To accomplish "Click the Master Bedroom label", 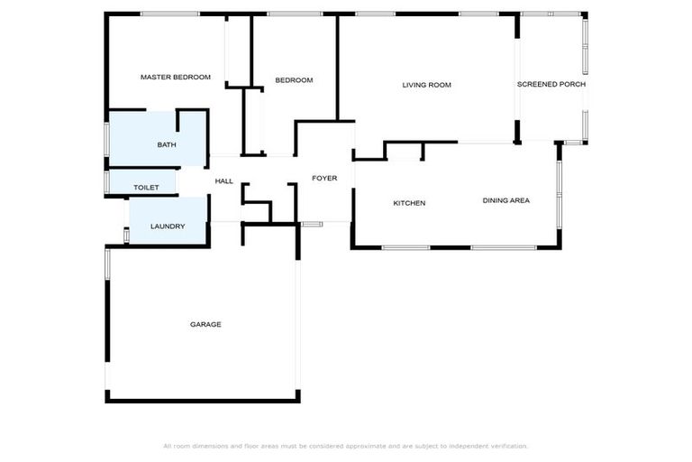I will (175, 78).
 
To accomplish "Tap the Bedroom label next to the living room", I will (294, 80).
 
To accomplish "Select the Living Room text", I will (426, 85).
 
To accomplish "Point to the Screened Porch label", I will (551, 84).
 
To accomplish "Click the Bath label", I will (167, 144).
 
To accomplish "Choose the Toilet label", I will (146, 188).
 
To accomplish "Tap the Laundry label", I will (168, 226).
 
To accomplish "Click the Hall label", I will (224, 181).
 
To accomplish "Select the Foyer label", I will (324, 179).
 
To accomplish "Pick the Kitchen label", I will (409, 203).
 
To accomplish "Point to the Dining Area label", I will (505, 200).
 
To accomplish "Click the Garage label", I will (205, 324).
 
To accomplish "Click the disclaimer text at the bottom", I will (345, 446).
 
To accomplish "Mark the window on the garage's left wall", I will (107, 263).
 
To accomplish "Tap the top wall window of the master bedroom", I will (169, 14).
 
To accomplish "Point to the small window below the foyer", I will (312, 223).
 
